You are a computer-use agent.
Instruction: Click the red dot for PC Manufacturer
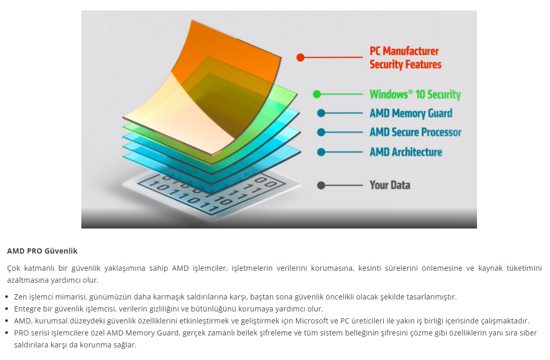point(300,57)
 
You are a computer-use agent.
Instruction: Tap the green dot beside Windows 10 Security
point(317,94)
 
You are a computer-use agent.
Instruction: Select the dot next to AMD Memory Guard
point(321,113)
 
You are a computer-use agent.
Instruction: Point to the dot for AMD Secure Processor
point(321,133)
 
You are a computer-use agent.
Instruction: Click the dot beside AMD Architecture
point(321,152)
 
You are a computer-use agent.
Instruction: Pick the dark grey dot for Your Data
point(321,185)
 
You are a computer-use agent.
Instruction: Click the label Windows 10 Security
point(415,94)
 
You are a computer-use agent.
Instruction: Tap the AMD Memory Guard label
point(411,113)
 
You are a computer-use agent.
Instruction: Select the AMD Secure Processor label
point(415,133)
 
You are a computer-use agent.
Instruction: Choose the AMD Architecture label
point(406,152)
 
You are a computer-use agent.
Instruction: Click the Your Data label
point(390,185)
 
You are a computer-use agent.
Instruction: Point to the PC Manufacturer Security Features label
point(406,58)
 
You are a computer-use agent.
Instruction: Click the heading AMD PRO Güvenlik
point(42,251)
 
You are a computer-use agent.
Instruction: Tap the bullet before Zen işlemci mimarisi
point(7,297)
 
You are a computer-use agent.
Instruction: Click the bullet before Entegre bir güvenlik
point(7,309)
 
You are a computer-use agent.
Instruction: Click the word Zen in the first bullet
point(20,297)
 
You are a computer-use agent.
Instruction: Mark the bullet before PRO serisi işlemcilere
point(7,333)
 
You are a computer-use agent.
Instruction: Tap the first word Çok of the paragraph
point(14,268)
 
